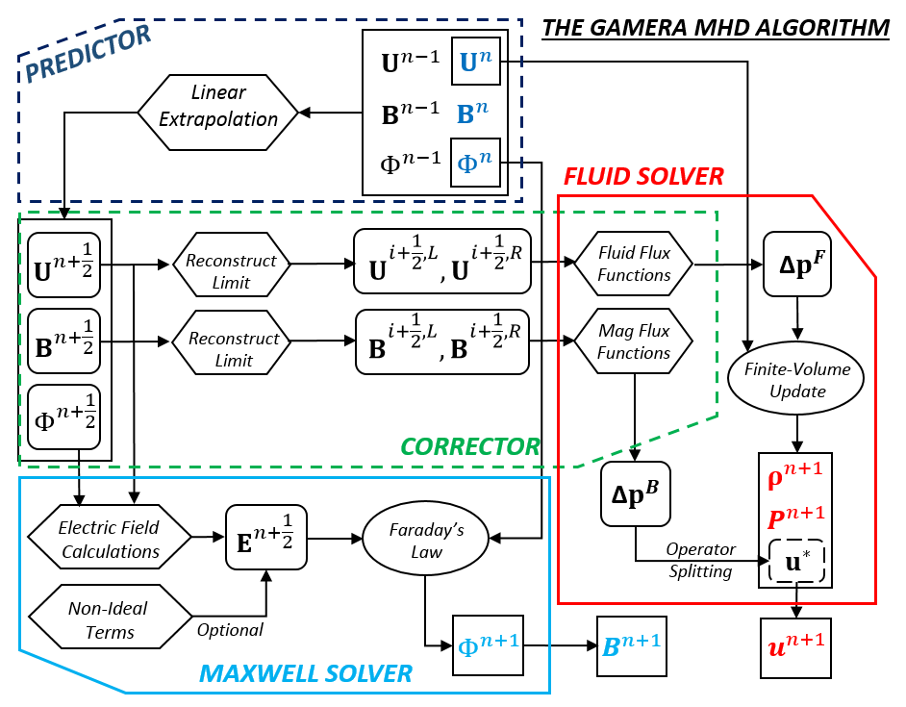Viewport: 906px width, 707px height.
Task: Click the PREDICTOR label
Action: pos(88,55)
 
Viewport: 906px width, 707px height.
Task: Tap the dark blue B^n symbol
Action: pos(472,114)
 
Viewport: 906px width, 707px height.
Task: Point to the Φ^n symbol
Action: pos(473,163)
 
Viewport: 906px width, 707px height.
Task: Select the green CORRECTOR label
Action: pos(470,447)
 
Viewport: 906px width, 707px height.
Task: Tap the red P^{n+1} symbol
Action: pos(795,518)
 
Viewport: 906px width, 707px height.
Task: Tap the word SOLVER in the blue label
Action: pos(367,674)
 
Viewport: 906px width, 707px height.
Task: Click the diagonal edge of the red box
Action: pos(844,237)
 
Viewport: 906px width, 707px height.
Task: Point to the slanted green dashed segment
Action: pos(647,442)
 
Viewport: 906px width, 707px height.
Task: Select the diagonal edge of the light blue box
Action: pos(72,671)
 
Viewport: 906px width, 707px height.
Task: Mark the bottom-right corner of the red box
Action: pos(875,603)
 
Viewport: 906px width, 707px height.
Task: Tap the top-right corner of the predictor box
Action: pos(521,19)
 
